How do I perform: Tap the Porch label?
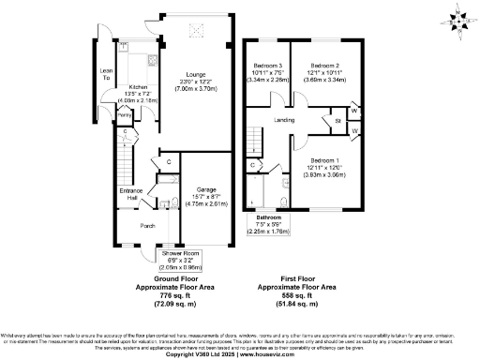(147, 226)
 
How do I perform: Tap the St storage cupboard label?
(336, 121)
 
